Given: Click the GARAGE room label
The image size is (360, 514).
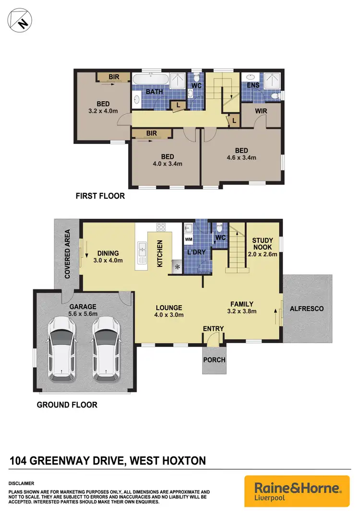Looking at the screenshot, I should (83, 307).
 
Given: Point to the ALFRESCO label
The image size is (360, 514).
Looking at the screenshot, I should (307, 309).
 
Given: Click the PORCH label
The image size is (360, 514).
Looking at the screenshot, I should (214, 359).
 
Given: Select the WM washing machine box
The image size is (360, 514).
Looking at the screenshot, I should (189, 239).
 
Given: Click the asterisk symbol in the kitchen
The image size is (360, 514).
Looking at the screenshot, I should (178, 266).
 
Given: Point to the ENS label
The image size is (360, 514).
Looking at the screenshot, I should (253, 85).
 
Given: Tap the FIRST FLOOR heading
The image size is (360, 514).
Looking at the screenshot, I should (100, 196).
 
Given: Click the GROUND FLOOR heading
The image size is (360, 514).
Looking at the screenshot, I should (67, 405).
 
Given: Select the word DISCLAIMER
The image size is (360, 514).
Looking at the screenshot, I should (21, 483).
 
